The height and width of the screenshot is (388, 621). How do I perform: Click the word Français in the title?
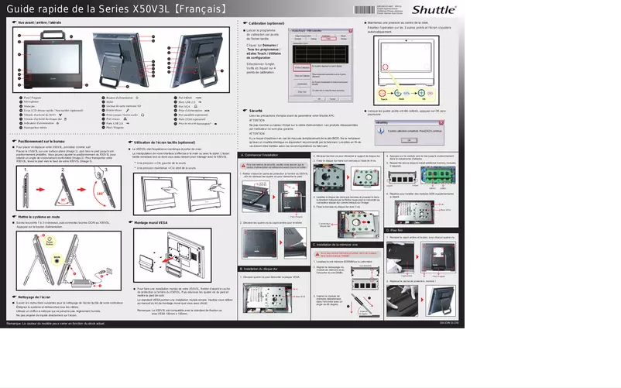[200, 10]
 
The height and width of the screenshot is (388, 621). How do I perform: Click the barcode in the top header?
[365, 9]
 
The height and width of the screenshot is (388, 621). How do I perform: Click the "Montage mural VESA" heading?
[156, 222]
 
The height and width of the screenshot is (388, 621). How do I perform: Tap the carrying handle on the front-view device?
[48, 34]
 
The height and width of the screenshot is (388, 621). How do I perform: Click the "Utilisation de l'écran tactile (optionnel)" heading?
[166, 143]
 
